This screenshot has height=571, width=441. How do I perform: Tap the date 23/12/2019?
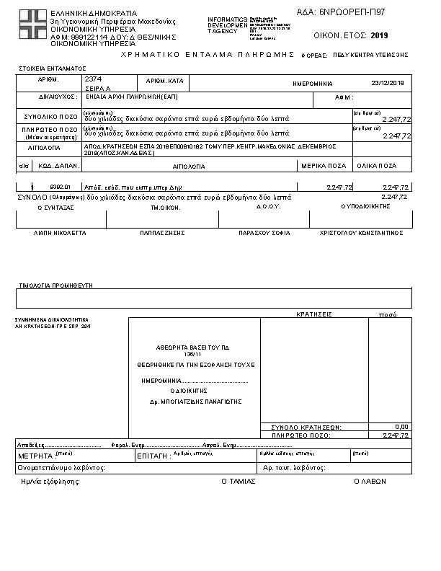(x=388, y=83)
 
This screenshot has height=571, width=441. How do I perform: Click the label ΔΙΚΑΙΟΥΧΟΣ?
(x=58, y=96)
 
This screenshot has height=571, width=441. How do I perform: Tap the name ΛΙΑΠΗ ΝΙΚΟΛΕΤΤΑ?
(x=60, y=234)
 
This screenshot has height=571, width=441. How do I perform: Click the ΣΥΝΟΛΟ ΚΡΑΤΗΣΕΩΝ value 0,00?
(x=402, y=427)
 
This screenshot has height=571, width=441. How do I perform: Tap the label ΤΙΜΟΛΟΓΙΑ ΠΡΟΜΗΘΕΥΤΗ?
(x=55, y=285)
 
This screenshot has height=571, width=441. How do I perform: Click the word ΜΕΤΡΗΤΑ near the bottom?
(x=35, y=456)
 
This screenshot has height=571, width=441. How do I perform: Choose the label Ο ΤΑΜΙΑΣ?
(x=238, y=481)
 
